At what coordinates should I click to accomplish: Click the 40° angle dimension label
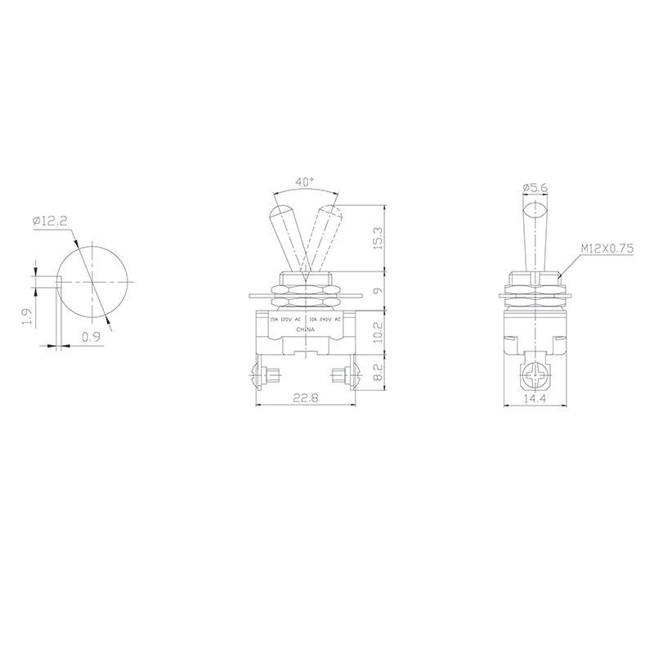pyautogui.click(x=305, y=183)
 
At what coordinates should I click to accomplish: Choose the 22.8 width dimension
pyautogui.click(x=305, y=398)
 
